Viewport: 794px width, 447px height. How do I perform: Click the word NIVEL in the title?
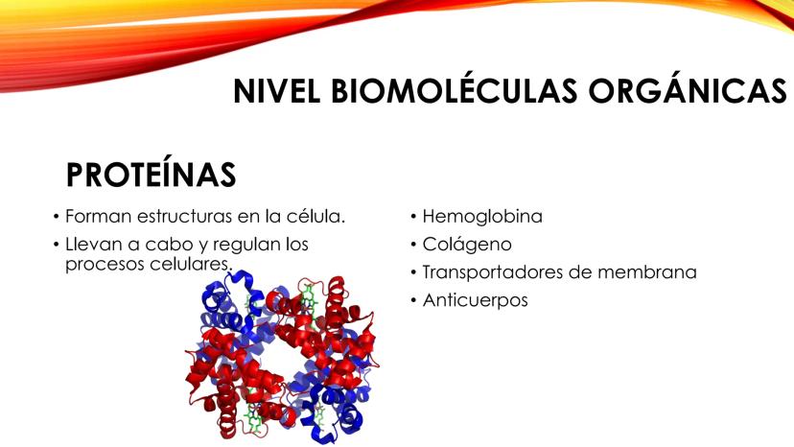tap(276, 91)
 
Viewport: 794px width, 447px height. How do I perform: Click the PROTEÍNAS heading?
tap(151, 175)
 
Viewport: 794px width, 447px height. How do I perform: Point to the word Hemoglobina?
tap(482, 217)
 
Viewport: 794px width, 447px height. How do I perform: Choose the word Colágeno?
tap(467, 245)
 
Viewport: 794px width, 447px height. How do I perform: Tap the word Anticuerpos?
tap(475, 300)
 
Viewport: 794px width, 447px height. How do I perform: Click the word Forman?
tap(98, 217)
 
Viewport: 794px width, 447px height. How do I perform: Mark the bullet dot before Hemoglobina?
tap(413, 217)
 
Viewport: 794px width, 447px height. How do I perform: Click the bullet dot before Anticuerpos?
tap(413, 300)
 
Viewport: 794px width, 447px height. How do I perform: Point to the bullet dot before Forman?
tap(57, 217)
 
